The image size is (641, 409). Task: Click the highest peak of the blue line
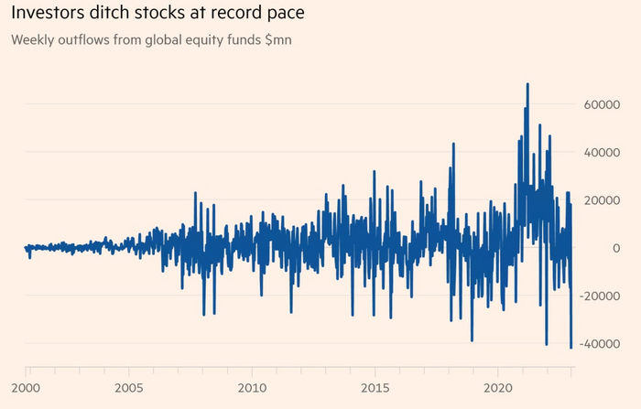pyautogui.click(x=527, y=84)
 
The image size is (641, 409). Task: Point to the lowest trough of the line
pyautogui.click(x=570, y=348)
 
